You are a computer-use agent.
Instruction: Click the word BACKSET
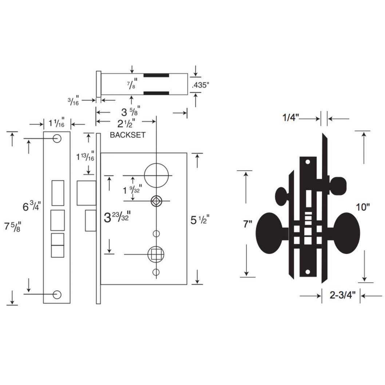tap(127, 135)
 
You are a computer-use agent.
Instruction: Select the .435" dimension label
tap(201, 85)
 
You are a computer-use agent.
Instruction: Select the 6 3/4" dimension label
tap(32, 206)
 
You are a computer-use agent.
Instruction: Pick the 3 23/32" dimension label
tap(118, 218)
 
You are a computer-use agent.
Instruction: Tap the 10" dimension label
tap(363, 208)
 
